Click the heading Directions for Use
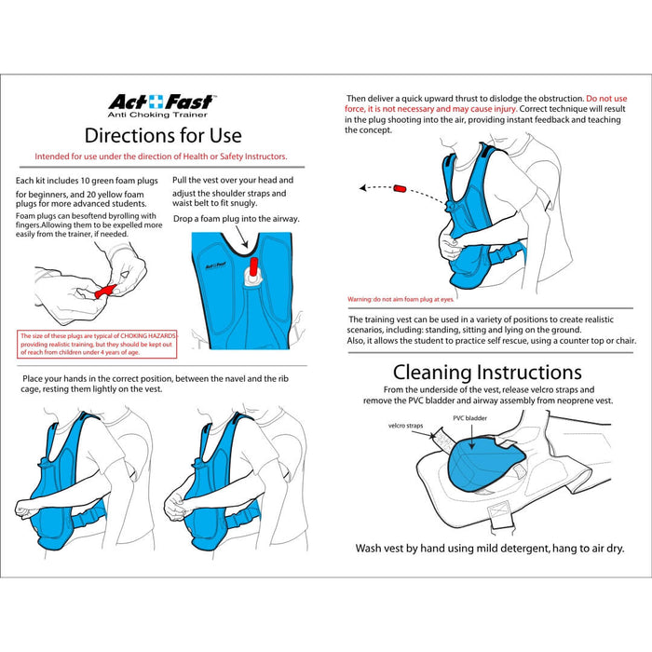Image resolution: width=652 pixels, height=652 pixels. (162, 135)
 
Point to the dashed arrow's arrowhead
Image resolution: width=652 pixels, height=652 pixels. (362, 188)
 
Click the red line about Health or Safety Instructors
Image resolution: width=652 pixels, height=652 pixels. (161, 156)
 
